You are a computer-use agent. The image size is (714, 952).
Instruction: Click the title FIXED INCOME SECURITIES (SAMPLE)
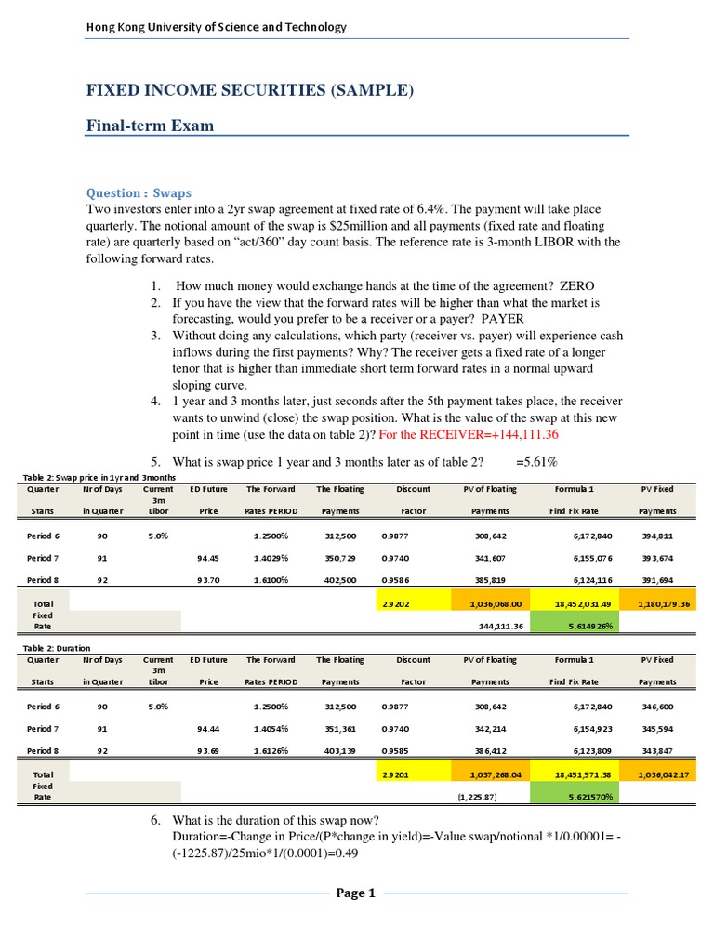tap(249, 90)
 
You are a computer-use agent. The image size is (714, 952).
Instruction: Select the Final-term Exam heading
tap(150, 126)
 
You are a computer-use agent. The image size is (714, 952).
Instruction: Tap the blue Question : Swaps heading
tap(139, 193)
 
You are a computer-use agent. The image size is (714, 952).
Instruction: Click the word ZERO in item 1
tap(575, 285)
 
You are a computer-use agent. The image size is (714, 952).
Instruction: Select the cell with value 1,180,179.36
tap(661, 603)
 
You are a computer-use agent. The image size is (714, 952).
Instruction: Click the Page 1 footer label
tap(356, 893)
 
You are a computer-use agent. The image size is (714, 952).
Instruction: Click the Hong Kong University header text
tap(216, 27)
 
